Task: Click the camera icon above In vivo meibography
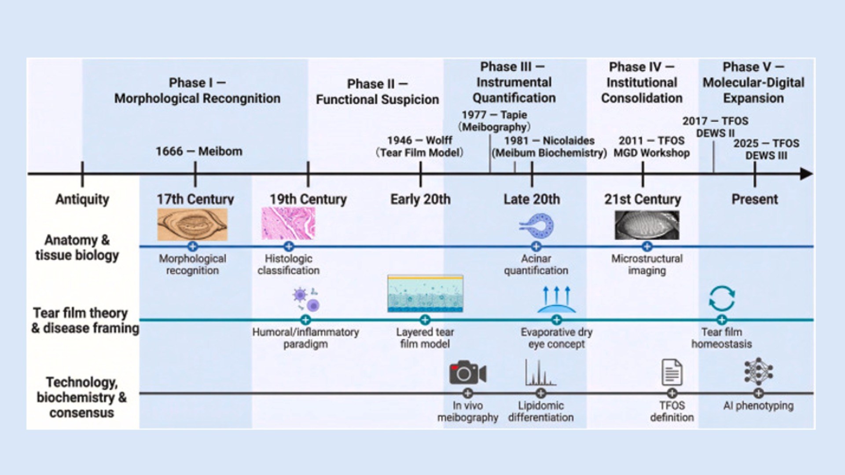click(x=467, y=373)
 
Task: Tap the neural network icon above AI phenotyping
click(x=758, y=372)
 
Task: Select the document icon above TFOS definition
click(x=672, y=373)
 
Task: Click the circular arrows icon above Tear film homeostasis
click(x=722, y=299)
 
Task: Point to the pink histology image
click(x=288, y=224)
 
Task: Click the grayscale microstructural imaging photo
click(x=647, y=225)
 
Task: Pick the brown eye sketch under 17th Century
click(x=192, y=224)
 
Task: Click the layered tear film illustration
click(x=425, y=294)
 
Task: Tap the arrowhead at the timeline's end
click(x=807, y=174)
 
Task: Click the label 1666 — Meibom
click(x=199, y=151)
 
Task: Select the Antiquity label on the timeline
click(x=82, y=199)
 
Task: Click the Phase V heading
click(x=753, y=82)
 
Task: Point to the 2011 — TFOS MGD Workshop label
click(x=651, y=146)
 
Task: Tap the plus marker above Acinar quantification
click(x=536, y=246)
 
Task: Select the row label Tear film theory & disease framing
click(x=85, y=320)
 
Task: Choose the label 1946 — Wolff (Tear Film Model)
click(x=419, y=146)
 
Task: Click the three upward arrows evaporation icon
click(x=556, y=300)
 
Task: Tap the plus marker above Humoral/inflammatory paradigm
click(x=305, y=320)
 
